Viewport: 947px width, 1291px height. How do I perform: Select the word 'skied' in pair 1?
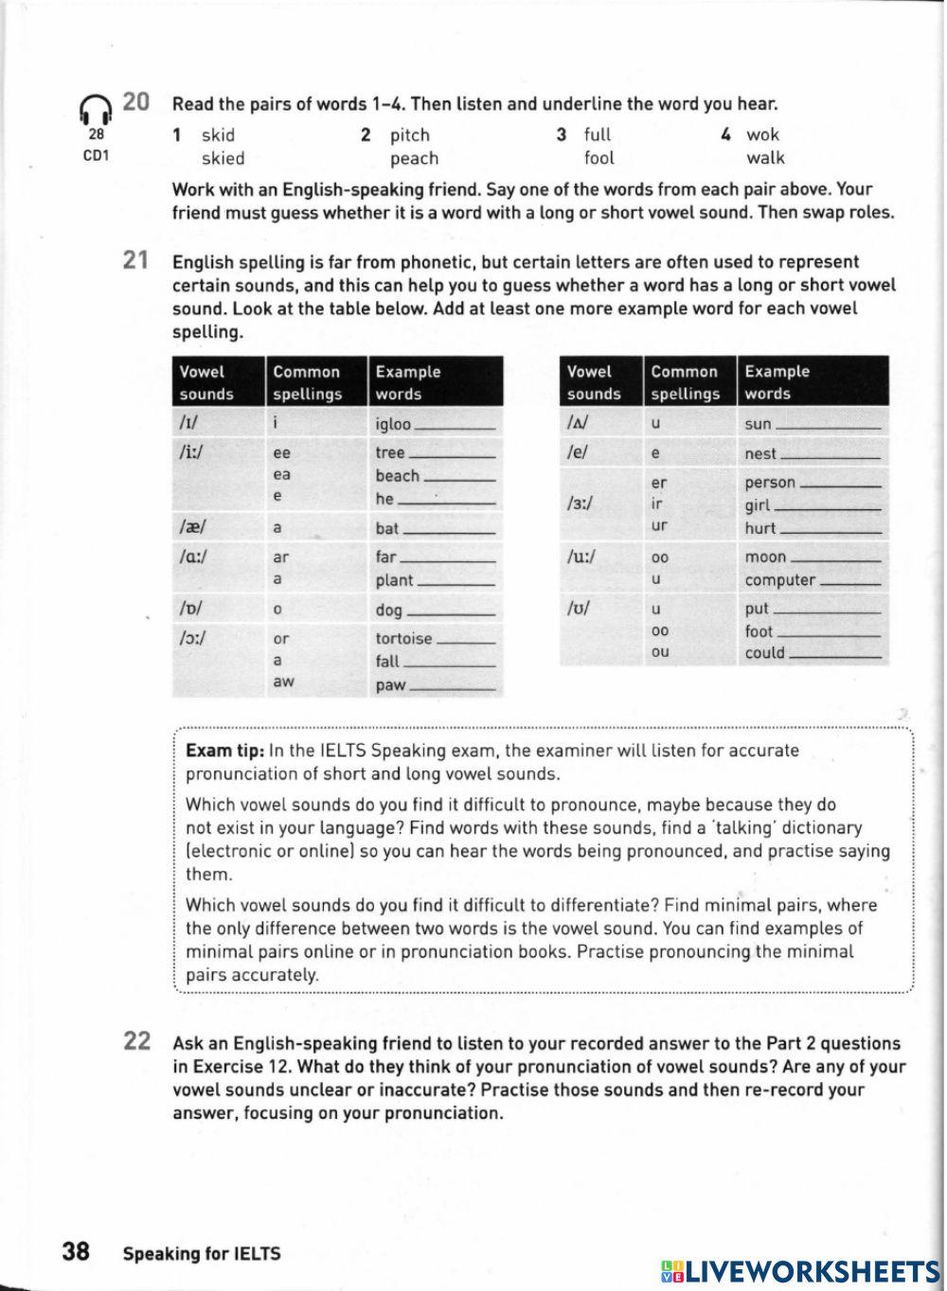[223, 159]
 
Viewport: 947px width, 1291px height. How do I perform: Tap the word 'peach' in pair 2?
[414, 159]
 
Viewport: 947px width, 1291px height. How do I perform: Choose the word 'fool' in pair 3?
[599, 159]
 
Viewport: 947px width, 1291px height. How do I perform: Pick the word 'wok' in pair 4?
[762, 135]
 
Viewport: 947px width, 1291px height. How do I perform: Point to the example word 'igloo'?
[393, 424]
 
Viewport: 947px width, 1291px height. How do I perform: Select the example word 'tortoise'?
[403, 639]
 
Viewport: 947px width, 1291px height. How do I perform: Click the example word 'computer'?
[779, 580]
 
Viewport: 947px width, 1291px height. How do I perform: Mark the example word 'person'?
[770, 483]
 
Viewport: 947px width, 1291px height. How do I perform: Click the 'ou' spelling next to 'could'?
[660, 652]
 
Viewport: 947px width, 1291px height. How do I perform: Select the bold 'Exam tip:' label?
[225, 751]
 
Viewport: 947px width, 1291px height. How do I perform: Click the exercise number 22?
[137, 1042]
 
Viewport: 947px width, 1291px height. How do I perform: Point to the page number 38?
[76, 1252]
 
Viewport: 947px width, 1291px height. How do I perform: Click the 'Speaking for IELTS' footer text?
[202, 1254]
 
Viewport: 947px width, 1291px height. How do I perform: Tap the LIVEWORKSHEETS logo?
[800, 1270]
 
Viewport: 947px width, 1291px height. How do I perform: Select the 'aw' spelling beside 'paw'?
[282, 681]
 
